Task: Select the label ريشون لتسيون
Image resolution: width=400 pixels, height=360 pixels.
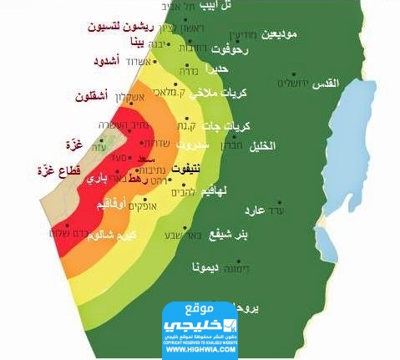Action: click(130, 25)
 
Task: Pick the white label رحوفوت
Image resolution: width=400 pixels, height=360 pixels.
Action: click(235, 50)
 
